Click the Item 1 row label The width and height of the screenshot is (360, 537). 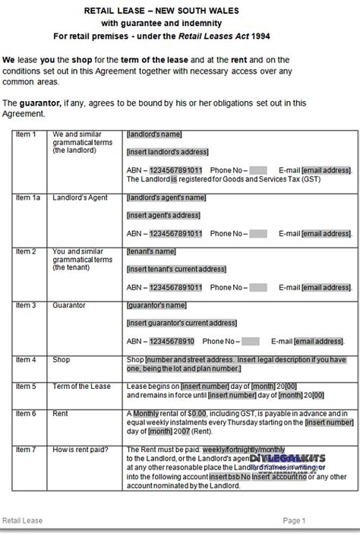pos(26,134)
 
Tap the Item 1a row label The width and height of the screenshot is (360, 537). pos(27,197)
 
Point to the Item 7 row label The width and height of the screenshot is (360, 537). pos(26,450)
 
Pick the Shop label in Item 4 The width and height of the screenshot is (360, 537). pos(62,359)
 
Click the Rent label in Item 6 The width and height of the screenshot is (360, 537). pos(61,414)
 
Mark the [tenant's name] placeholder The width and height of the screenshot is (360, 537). pos(151,251)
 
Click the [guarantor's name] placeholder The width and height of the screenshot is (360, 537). pos(156,305)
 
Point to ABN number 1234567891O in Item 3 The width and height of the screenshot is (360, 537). pos(172,342)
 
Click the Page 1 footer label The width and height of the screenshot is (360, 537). pos(293,520)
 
